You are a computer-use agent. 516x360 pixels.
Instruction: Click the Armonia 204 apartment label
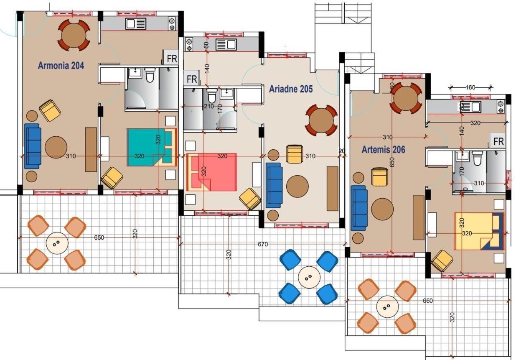coord(61,66)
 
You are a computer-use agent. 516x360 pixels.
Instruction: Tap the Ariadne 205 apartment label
coord(291,89)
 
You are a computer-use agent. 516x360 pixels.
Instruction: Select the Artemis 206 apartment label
coord(383,150)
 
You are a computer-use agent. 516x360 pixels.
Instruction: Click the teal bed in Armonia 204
coord(152,148)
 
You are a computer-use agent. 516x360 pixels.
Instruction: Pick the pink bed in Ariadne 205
coord(211,172)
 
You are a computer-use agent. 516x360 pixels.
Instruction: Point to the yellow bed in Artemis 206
coord(479,231)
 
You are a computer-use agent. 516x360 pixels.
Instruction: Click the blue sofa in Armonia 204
coord(32,146)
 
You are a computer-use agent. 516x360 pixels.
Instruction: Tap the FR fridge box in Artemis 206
coord(498,141)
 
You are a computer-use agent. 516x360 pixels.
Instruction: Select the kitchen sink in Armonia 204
coord(135,24)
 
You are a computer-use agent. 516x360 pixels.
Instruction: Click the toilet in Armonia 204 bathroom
coord(150,75)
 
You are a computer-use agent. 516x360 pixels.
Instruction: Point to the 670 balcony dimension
coord(263,244)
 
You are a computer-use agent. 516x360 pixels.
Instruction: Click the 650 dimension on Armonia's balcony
coord(99,237)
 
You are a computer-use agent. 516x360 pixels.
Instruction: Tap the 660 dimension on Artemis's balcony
coord(428,301)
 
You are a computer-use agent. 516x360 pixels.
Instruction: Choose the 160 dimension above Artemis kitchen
coord(470,87)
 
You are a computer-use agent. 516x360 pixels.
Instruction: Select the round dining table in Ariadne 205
coord(321,120)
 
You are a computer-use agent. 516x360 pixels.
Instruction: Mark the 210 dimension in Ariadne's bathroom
coord(209,106)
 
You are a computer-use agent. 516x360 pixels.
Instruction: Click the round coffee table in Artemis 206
coord(382,209)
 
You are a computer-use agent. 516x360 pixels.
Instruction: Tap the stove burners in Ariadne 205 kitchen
coord(189,45)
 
